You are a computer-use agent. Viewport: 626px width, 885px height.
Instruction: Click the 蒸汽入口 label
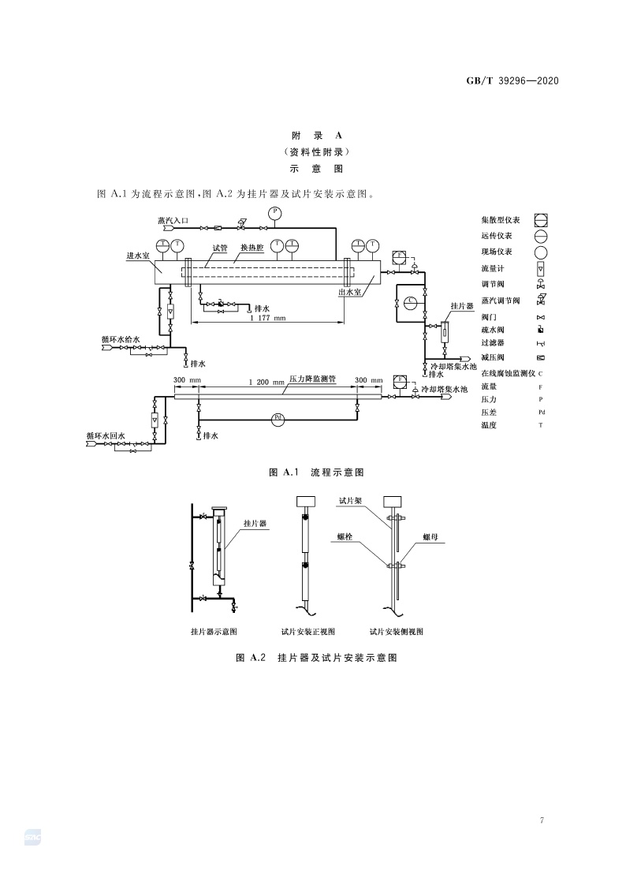172,222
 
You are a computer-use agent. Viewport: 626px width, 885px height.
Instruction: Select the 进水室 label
139,256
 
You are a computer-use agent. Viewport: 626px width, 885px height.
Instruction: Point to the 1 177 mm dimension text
267,319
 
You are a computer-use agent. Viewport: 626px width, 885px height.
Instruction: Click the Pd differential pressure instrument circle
277,419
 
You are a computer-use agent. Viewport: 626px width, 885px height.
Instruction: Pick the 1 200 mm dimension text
266,382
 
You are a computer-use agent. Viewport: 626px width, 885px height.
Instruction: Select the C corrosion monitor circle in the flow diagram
411,302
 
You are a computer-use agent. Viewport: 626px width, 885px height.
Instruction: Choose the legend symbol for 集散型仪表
541,220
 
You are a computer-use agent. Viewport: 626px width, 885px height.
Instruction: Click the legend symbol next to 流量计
541,269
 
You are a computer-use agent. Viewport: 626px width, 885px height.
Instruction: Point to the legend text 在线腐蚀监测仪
508,372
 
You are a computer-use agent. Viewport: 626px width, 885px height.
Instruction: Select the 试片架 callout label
349,500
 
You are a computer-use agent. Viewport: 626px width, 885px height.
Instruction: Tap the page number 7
542,821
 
